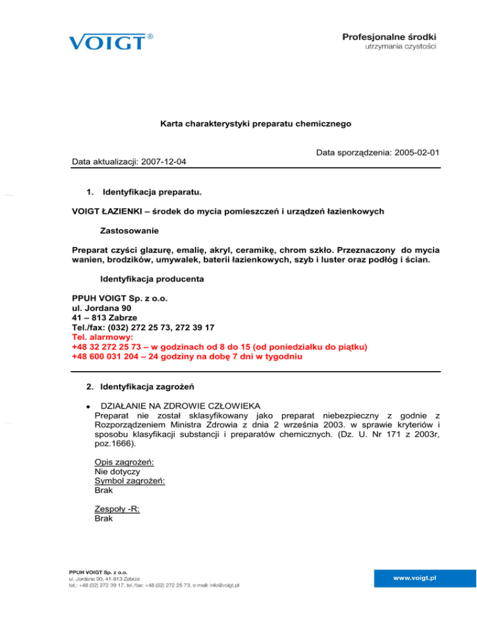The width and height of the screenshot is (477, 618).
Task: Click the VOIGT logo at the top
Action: click(106, 42)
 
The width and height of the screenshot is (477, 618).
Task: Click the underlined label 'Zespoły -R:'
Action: click(117, 509)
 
